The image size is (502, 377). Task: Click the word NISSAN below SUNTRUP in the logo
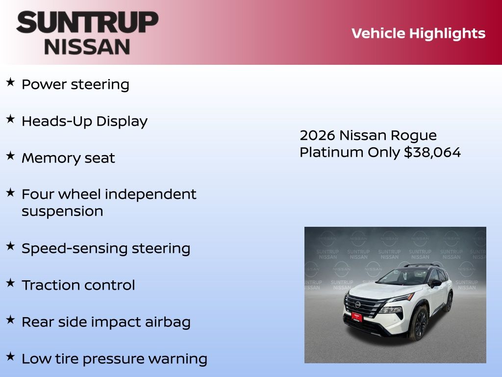(87, 47)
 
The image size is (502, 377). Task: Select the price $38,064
(432, 152)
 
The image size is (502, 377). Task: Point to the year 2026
(317, 135)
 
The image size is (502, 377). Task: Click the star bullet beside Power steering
(10, 82)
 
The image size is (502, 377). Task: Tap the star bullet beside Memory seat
(10, 156)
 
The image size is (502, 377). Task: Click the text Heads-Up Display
(84, 122)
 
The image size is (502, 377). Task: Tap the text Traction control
(78, 285)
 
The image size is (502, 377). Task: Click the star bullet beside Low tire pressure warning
(10, 356)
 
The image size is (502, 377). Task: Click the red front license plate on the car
(357, 317)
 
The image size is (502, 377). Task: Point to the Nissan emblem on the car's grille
(357, 304)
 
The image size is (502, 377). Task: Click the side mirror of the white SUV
(435, 283)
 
